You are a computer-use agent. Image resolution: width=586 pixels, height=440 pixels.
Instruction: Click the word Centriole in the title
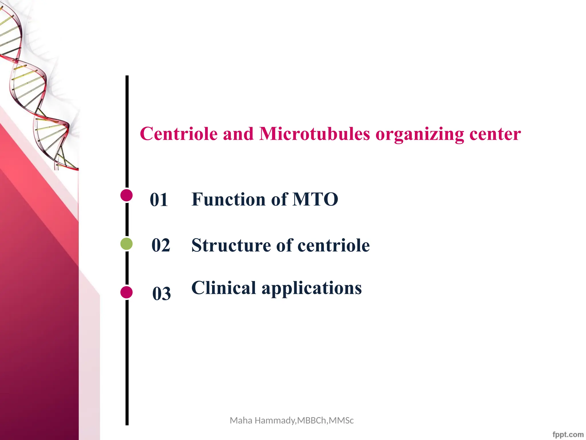(179, 134)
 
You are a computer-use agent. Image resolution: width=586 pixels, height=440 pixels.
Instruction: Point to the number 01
(159, 200)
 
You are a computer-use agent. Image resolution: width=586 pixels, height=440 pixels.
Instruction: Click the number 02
(161, 245)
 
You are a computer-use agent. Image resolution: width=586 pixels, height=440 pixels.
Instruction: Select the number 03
(161, 294)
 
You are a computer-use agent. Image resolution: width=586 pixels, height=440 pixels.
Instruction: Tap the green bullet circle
(126, 244)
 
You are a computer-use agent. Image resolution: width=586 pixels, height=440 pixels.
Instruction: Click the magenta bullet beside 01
(126, 195)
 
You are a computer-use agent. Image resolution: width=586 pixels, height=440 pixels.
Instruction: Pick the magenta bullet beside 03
(126, 292)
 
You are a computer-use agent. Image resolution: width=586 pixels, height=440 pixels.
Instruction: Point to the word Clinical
(223, 288)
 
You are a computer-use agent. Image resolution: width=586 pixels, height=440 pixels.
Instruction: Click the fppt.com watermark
(568, 435)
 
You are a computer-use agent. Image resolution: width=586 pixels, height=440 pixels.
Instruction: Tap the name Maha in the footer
(241, 421)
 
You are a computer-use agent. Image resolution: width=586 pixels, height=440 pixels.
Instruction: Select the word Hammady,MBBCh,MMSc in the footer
(304, 421)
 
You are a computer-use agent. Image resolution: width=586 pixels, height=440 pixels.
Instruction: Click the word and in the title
(238, 134)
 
